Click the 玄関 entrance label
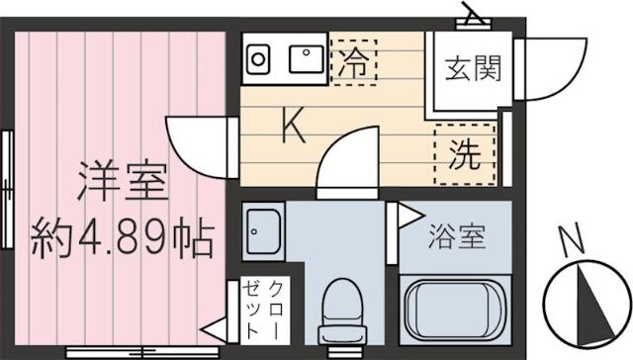[473, 68]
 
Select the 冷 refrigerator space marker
[354, 62]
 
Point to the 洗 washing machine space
[465, 154]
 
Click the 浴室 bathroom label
[457, 236]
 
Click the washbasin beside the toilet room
[263, 231]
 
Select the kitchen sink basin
[307, 59]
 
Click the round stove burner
[258, 59]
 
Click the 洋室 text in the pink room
[123, 181]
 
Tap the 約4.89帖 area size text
[122, 237]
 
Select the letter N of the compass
[573, 239]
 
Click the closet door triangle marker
[214, 330]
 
